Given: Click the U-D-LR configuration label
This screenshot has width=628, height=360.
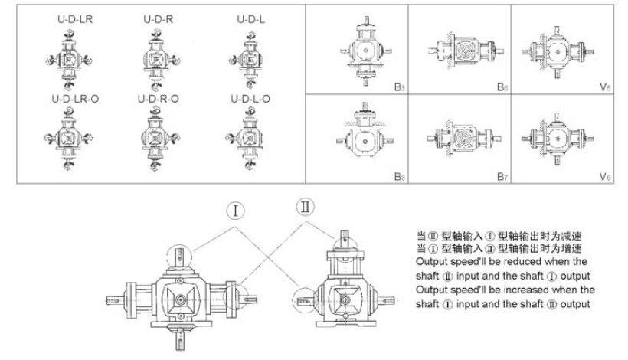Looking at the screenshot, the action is pyautogui.click(x=75, y=19).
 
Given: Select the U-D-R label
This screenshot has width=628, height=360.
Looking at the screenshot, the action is pyautogui.click(x=159, y=19).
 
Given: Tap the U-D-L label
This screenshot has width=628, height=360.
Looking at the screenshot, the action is pyautogui.click(x=250, y=19).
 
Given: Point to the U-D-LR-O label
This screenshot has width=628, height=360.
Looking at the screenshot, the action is pyautogui.click(x=75, y=99).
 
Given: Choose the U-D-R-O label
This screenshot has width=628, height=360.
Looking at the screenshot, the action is pyautogui.click(x=159, y=99).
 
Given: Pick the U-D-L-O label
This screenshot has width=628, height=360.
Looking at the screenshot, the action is pyautogui.click(x=250, y=99).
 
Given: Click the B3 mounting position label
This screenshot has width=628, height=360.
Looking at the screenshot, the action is pyautogui.click(x=400, y=87).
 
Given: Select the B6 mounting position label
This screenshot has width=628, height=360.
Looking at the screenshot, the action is pyautogui.click(x=502, y=87).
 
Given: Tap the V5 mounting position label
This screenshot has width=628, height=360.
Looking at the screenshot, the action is pyautogui.click(x=605, y=87).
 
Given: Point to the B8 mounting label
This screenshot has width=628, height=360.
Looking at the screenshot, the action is pyautogui.click(x=400, y=177).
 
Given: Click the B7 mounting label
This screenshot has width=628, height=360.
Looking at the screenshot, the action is pyautogui.click(x=502, y=177).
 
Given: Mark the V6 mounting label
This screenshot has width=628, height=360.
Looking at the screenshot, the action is pyautogui.click(x=605, y=177).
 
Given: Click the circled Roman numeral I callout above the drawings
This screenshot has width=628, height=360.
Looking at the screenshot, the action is pyautogui.click(x=236, y=211).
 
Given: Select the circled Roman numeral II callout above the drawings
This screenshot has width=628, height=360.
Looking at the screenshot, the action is pyautogui.click(x=305, y=207).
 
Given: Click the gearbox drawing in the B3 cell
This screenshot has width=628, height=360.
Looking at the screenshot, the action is pyautogui.click(x=366, y=51).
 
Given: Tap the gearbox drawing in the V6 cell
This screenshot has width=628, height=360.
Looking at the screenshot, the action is pyautogui.click(x=558, y=138).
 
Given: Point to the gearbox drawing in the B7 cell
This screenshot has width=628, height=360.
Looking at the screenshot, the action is pyautogui.click(x=464, y=138).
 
